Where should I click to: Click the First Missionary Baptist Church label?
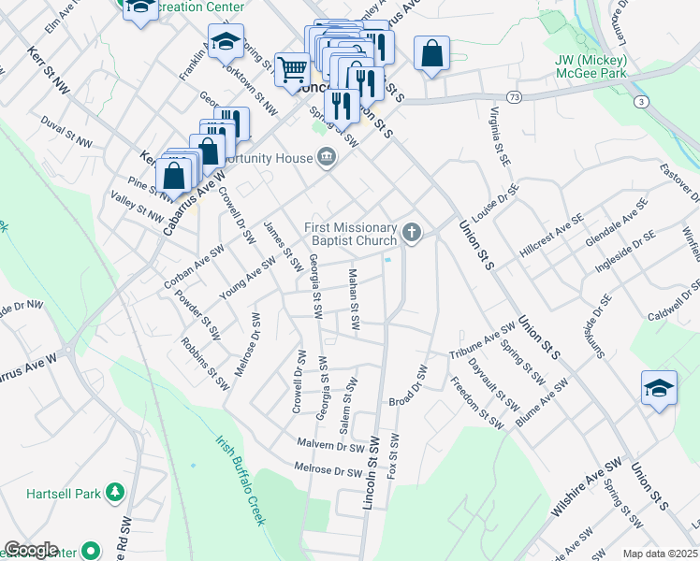pos(352,233)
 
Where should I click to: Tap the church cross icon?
pos(413,231)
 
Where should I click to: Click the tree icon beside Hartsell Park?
pos(115,491)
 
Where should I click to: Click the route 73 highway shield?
pos(515,96)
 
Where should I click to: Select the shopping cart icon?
pos(293,68)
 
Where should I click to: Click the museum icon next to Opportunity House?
pos(327,155)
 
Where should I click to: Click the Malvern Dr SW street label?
pos(329,446)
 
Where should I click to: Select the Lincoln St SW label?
pos(372,473)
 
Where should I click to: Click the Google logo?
pos(32,550)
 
